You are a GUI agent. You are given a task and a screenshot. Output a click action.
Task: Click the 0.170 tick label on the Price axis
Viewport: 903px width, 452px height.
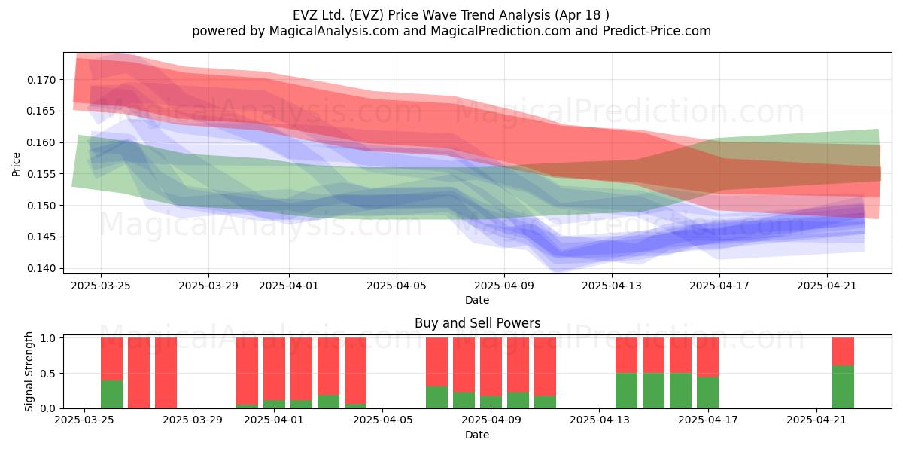click(41, 80)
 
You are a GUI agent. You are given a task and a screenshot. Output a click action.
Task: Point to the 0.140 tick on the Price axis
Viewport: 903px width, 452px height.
click(41, 268)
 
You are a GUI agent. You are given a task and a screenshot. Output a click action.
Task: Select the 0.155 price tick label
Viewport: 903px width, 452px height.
click(41, 174)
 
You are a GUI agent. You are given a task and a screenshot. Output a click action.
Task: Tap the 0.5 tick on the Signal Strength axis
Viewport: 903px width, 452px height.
click(48, 374)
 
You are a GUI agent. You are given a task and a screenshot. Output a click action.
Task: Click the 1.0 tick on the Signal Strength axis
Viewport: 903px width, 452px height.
click(48, 338)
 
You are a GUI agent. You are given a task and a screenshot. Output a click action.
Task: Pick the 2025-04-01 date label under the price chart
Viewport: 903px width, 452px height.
click(289, 286)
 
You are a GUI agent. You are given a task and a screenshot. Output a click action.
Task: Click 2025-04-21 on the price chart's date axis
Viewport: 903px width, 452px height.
click(827, 286)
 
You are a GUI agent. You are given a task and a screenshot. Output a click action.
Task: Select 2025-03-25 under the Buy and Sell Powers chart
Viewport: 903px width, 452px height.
click(84, 420)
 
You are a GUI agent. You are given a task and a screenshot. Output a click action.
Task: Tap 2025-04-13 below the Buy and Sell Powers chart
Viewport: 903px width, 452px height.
click(600, 420)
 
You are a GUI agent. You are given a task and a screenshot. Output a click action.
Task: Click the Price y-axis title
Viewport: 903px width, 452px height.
click(16, 164)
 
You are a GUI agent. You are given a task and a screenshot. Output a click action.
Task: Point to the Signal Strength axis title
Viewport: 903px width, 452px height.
click(29, 371)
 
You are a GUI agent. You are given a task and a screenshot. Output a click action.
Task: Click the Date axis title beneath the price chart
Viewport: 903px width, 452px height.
click(477, 300)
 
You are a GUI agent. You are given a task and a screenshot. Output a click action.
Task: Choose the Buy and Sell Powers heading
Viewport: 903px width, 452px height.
click(477, 323)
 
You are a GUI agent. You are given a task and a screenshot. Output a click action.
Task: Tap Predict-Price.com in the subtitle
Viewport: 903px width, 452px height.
click(657, 31)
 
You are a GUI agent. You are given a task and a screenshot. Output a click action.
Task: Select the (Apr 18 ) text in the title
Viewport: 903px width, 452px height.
click(582, 15)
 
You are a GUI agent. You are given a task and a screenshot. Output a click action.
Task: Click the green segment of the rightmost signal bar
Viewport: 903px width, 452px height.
click(843, 386)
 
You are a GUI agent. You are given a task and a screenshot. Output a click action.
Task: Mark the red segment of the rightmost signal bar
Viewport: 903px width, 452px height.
click(843, 352)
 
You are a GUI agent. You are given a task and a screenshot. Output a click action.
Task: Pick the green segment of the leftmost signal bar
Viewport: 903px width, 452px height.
click(111, 394)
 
